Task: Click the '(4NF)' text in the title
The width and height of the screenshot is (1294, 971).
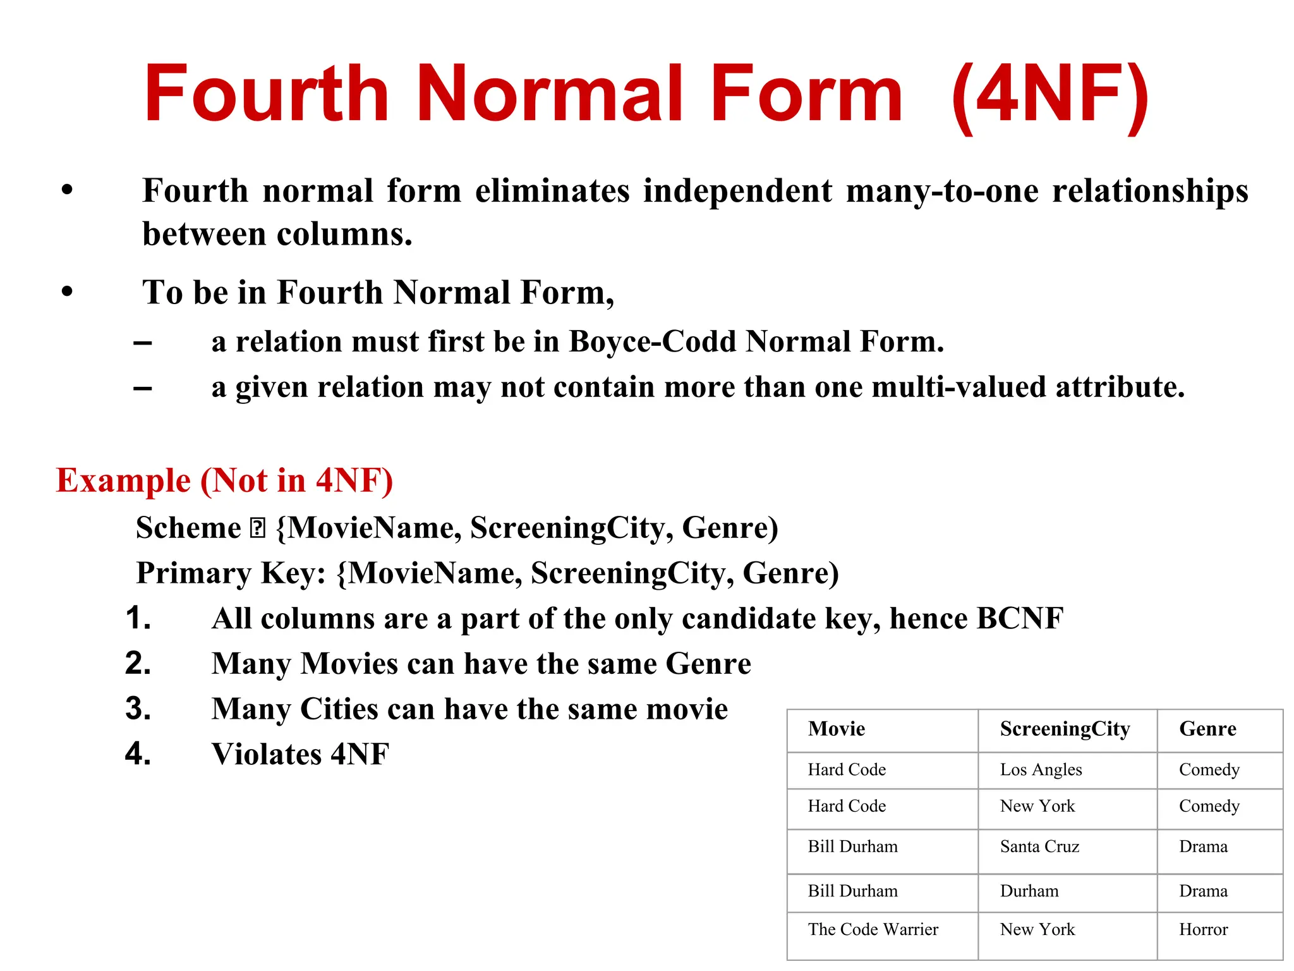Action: coord(1049,95)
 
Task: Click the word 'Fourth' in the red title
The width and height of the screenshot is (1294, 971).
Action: coord(266,95)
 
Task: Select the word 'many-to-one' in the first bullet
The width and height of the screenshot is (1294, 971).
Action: coord(942,190)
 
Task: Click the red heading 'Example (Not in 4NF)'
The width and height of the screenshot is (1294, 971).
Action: coord(224,480)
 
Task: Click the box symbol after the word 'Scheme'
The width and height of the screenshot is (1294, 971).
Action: coord(258,528)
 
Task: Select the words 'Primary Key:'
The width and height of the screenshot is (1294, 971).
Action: coord(231,573)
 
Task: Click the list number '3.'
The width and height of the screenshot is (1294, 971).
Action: coord(138,709)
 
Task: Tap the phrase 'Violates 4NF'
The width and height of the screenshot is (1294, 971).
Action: coord(300,754)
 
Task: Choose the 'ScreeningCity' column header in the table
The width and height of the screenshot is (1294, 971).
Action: coord(1065,729)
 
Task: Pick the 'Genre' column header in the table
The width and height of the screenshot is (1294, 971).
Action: coord(1207,729)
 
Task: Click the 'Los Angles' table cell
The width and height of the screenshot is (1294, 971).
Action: coord(1041,769)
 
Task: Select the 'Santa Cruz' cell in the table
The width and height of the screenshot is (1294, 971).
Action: coord(1039,846)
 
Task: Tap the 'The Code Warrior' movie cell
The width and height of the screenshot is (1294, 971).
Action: coord(873,929)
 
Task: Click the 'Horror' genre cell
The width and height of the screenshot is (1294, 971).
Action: coord(1203,929)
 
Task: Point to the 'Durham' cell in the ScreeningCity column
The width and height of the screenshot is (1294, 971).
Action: coord(1029,891)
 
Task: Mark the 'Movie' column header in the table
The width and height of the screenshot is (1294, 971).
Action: coord(836,729)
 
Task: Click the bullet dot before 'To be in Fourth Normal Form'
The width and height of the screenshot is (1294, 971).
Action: coord(68,291)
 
